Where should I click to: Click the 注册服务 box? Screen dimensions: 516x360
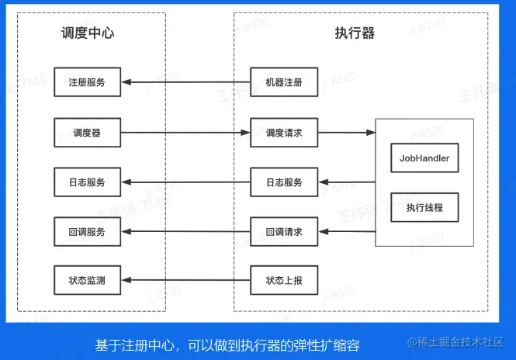[x=87, y=82]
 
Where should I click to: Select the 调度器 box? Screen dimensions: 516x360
[x=87, y=133]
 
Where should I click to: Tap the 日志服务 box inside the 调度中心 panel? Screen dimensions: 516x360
[x=87, y=182]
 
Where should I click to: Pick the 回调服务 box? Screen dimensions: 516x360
[x=87, y=232]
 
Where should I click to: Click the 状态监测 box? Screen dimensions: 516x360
[x=87, y=280]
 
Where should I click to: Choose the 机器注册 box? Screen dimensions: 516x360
[x=284, y=82]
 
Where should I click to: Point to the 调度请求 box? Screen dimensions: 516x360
[x=284, y=133]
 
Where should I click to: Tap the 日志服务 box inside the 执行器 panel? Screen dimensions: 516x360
[x=284, y=182]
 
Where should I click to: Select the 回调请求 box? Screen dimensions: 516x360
[x=284, y=232]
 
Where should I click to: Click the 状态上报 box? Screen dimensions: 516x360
[x=284, y=280]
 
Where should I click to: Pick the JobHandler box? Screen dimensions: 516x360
[x=424, y=158]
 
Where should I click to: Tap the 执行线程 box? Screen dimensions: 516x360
[x=424, y=207]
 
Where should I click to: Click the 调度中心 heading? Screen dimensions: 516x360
[x=88, y=33]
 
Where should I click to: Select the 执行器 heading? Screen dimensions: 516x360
[x=355, y=33]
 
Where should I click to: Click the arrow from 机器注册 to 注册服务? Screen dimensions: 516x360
[x=186, y=82]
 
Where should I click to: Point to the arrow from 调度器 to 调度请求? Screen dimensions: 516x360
[x=185, y=133]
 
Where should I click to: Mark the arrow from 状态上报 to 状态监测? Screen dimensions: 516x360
[x=186, y=280]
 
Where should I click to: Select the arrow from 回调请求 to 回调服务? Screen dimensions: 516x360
[x=186, y=232]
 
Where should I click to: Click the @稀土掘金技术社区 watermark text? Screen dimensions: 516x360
[x=455, y=343]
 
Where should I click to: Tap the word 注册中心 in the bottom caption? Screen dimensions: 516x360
[x=147, y=345]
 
